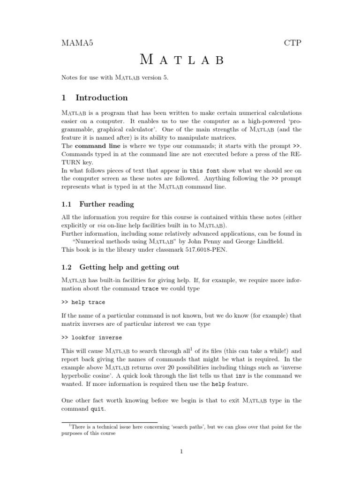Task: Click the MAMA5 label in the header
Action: pos(77,43)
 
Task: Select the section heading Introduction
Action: pos(101,98)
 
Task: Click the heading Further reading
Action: pos(106,204)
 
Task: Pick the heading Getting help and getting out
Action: pos(129,267)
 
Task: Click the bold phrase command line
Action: pos(96,146)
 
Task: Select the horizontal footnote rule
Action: pos(110,422)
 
